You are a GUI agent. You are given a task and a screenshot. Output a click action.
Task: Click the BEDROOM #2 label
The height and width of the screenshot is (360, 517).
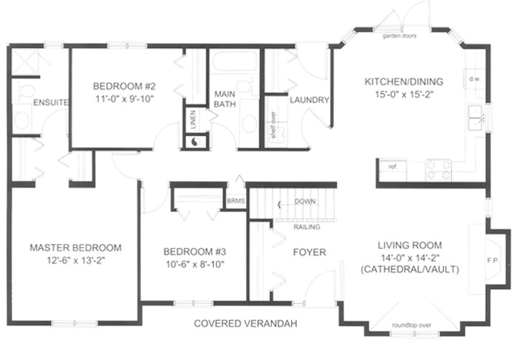point(123,85)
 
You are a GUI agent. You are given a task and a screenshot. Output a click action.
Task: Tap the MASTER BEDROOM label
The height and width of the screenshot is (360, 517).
point(75,248)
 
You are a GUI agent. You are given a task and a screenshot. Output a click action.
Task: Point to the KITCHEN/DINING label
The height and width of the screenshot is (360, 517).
point(402,81)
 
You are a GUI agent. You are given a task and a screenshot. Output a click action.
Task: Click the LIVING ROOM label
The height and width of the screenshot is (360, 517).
point(409,245)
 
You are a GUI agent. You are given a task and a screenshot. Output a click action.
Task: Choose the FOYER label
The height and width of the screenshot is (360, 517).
point(309,252)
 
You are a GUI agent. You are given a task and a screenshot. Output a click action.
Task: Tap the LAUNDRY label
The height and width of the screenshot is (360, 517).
point(309,101)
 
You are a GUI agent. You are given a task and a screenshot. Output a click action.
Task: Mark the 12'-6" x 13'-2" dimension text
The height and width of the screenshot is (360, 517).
point(75,261)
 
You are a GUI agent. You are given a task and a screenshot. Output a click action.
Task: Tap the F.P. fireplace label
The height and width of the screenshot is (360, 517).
point(493,261)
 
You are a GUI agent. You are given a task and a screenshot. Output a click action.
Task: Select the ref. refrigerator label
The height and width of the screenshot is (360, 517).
point(393,167)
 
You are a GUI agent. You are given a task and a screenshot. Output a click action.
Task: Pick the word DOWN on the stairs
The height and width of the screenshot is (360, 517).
point(305,202)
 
